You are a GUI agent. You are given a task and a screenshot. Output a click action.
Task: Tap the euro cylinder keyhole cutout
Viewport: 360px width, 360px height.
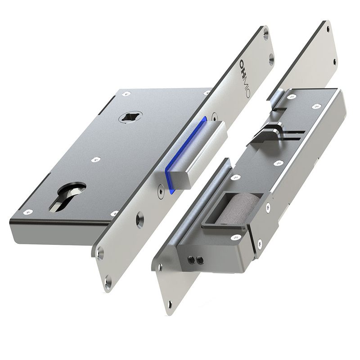coord(68,195)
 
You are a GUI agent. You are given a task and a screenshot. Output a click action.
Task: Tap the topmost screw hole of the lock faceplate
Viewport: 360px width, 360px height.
coord(266,32)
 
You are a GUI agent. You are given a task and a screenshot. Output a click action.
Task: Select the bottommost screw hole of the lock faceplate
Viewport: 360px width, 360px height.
coord(108,283)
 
